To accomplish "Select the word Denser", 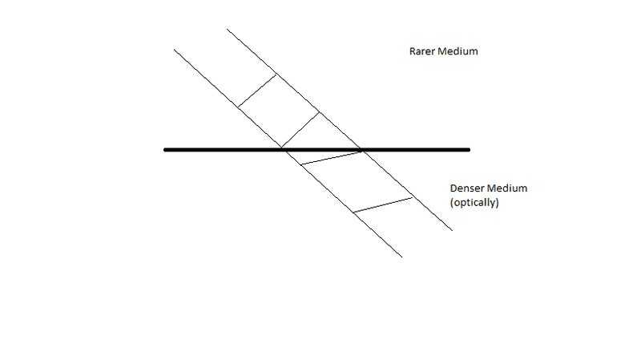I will (x=467, y=188).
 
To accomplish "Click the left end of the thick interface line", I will (x=165, y=150).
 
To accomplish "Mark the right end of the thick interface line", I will (x=468, y=150).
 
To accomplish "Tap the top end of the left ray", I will (x=175, y=50).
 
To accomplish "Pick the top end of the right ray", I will (x=228, y=30).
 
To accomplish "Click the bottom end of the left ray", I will (x=401, y=257).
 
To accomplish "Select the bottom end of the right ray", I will (x=453, y=231).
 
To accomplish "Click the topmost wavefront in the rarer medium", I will (x=257, y=91).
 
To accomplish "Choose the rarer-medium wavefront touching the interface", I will (x=301, y=131).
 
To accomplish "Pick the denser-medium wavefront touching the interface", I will (x=331, y=157).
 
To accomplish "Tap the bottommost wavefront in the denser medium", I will (x=384, y=204).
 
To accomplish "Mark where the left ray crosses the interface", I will (x=283, y=150).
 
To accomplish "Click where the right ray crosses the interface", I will (x=362, y=150).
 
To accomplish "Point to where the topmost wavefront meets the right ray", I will (x=277, y=75).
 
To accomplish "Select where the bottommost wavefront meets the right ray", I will (x=413, y=196).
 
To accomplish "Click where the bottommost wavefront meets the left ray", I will (x=354, y=212).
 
